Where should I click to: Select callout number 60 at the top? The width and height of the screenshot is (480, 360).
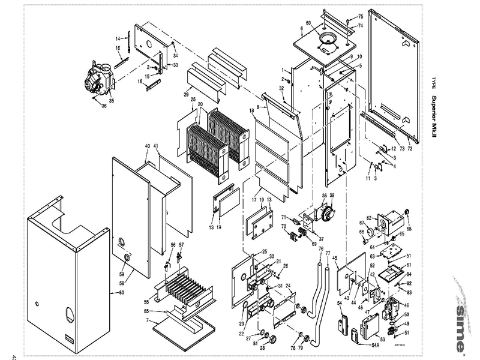pyautogui.click(x=309, y=23)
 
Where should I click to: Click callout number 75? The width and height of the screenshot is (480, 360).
pyautogui.click(x=361, y=16)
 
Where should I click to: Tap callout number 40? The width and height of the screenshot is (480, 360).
pyautogui.click(x=147, y=146)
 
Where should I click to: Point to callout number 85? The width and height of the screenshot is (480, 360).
pyautogui.click(x=145, y=311)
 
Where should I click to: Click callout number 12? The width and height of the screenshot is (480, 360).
pyautogui.click(x=393, y=148)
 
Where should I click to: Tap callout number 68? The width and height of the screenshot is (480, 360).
pyautogui.click(x=409, y=229)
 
